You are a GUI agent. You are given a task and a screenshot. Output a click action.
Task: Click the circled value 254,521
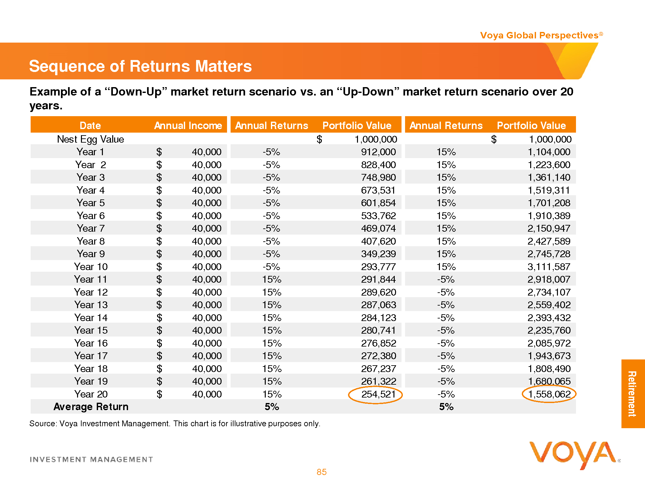(378, 394)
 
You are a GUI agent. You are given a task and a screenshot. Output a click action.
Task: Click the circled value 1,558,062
(549, 394)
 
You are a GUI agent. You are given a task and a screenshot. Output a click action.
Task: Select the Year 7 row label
(91, 228)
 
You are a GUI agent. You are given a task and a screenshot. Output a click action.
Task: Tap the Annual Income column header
(188, 126)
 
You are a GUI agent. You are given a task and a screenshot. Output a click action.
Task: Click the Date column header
(90, 126)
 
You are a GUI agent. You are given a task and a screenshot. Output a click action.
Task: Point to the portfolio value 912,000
(378, 152)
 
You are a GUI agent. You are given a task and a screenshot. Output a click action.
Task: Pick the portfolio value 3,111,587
(549, 267)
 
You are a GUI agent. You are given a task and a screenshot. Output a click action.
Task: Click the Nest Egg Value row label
(91, 139)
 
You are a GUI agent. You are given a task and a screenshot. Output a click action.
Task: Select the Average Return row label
(91, 407)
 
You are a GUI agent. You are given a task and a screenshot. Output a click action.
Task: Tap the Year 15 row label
(91, 330)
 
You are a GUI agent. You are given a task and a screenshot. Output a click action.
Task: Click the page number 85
(322, 472)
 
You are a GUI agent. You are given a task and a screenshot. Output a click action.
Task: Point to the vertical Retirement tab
(632, 394)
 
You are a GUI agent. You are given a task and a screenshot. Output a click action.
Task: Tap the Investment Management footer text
(91, 459)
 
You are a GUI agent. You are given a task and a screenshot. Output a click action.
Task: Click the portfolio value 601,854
(378, 203)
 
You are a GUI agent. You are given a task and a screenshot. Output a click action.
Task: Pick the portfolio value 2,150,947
(549, 228)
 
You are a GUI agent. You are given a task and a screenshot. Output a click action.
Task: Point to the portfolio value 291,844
(378, 279)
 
